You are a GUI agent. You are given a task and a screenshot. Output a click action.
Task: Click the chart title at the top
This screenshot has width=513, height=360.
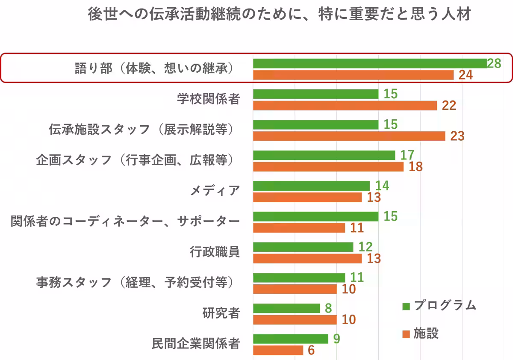pos(279,15)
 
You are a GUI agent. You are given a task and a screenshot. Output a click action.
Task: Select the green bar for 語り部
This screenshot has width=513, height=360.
pos(370,64)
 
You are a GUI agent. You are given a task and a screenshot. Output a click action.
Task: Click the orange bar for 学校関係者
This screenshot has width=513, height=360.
pos(345,106)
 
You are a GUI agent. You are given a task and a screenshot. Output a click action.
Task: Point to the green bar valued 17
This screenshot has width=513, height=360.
pos(324,155)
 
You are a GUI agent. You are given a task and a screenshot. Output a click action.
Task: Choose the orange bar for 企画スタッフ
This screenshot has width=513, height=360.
pos(328,167)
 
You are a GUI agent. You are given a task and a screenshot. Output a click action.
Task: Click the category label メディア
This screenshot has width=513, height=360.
pos(215,191)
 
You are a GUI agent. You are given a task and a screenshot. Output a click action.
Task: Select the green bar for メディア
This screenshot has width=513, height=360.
pos(311,186)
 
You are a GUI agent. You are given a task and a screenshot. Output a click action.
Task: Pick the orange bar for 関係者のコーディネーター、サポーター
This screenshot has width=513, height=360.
pos(299,228)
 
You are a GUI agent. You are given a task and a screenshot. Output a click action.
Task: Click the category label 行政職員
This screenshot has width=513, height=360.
pos(215,252)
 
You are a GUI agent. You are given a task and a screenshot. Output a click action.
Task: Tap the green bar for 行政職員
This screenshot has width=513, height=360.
pos(303,247)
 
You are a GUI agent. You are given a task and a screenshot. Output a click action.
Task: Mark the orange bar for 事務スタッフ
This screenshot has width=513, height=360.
pos(295,289)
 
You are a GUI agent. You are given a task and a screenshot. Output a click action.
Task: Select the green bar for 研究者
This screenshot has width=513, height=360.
pos(286,308)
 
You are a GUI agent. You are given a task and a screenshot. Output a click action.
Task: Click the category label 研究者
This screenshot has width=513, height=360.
pos(221,313)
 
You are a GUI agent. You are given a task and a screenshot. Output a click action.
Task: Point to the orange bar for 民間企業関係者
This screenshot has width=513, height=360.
pos(278,351)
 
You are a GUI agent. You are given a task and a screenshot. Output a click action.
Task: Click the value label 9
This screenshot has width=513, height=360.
pos(337,339)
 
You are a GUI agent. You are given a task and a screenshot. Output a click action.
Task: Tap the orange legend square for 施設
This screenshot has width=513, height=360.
pos(406,333)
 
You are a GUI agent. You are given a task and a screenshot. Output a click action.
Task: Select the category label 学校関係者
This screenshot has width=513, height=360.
pos(209,99)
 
